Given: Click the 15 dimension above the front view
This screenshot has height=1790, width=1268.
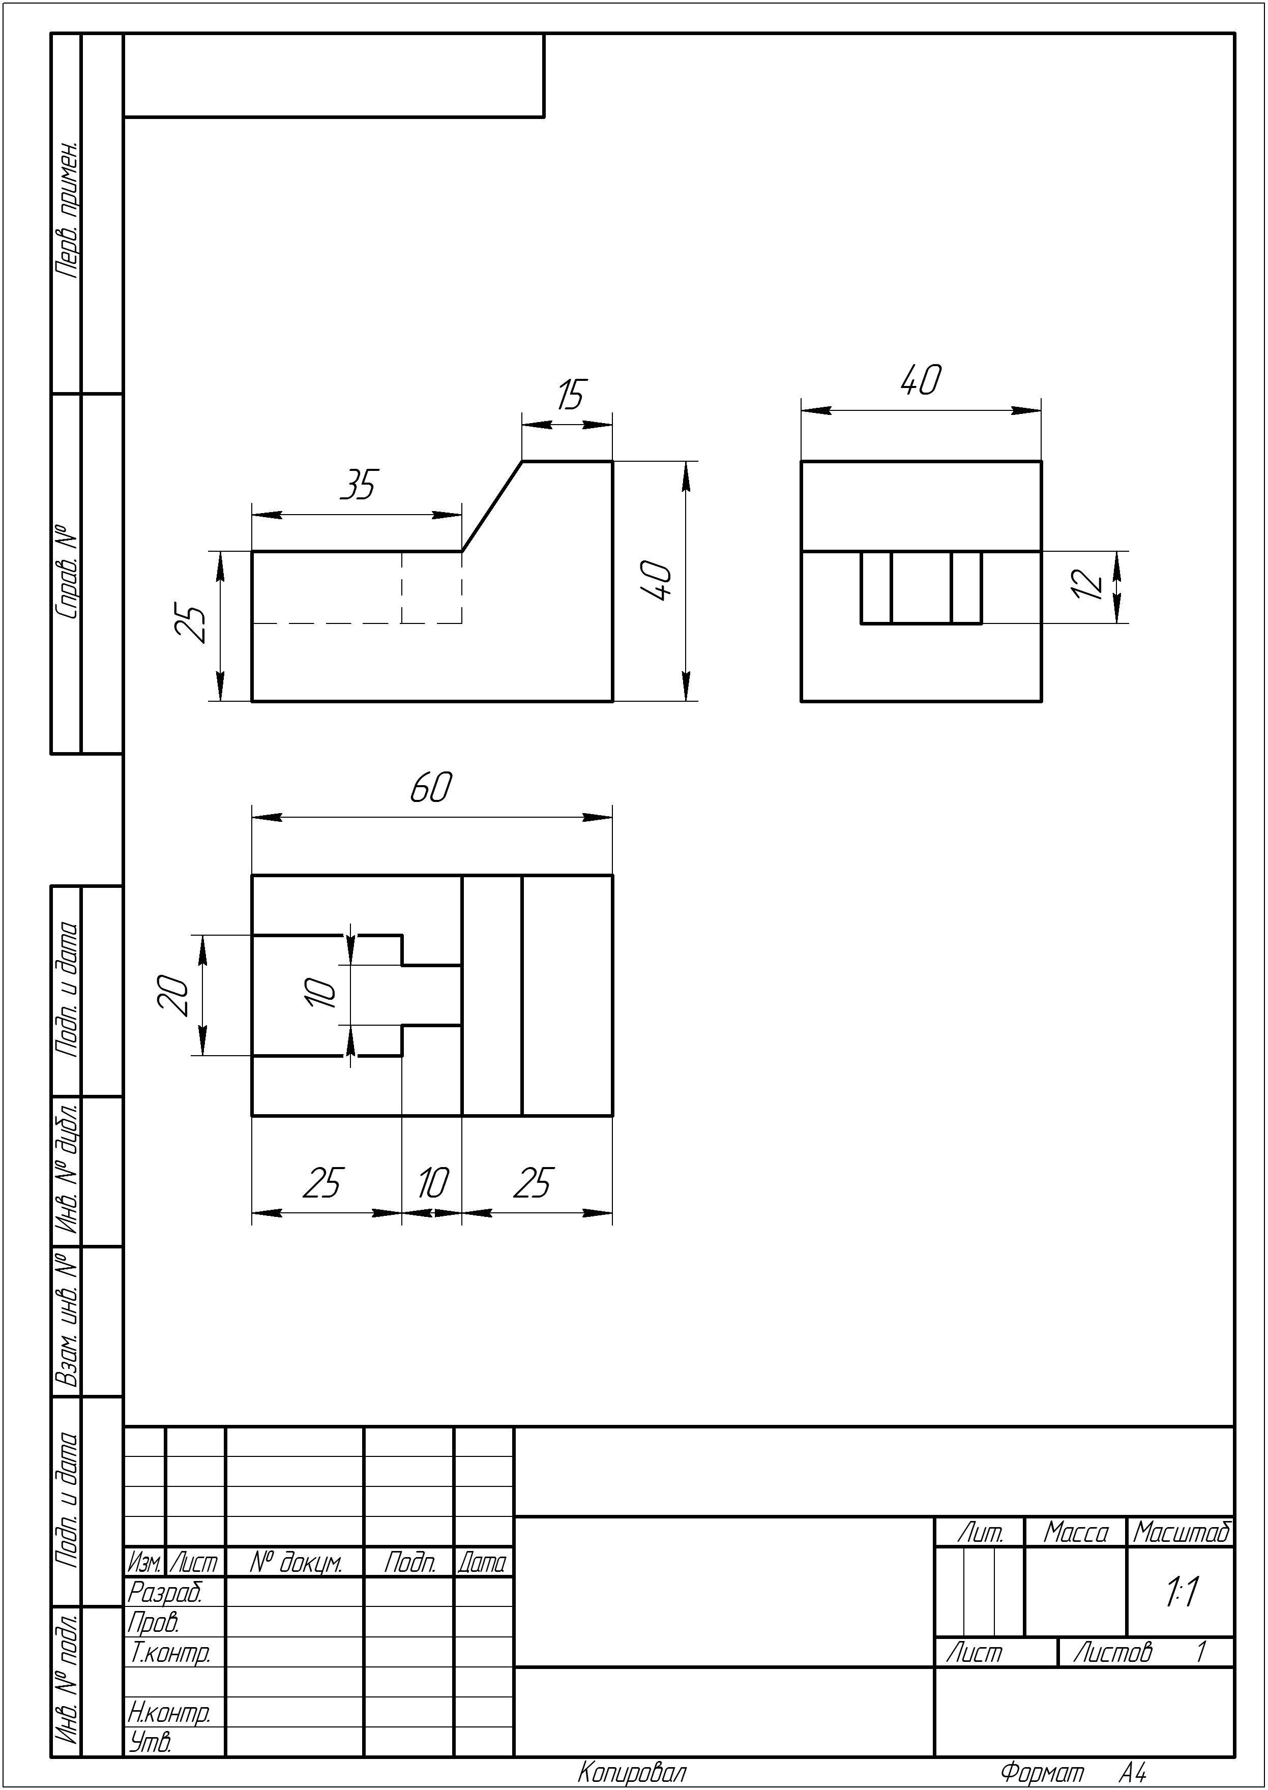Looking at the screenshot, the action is [571, 395].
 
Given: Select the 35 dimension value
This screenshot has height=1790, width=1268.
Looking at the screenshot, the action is [359, 485].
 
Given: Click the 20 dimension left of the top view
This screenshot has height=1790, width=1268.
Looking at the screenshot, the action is [174, 995].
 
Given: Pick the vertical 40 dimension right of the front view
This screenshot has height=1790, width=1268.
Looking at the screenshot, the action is [657, 581].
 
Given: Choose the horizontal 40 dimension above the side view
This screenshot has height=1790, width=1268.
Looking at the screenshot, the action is [921, 379].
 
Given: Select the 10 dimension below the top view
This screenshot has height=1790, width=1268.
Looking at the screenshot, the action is [432, 1183].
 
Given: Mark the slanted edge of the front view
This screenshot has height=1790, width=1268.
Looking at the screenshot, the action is [492, 506].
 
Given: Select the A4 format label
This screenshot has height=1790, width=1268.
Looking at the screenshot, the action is [1132, 1772].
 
